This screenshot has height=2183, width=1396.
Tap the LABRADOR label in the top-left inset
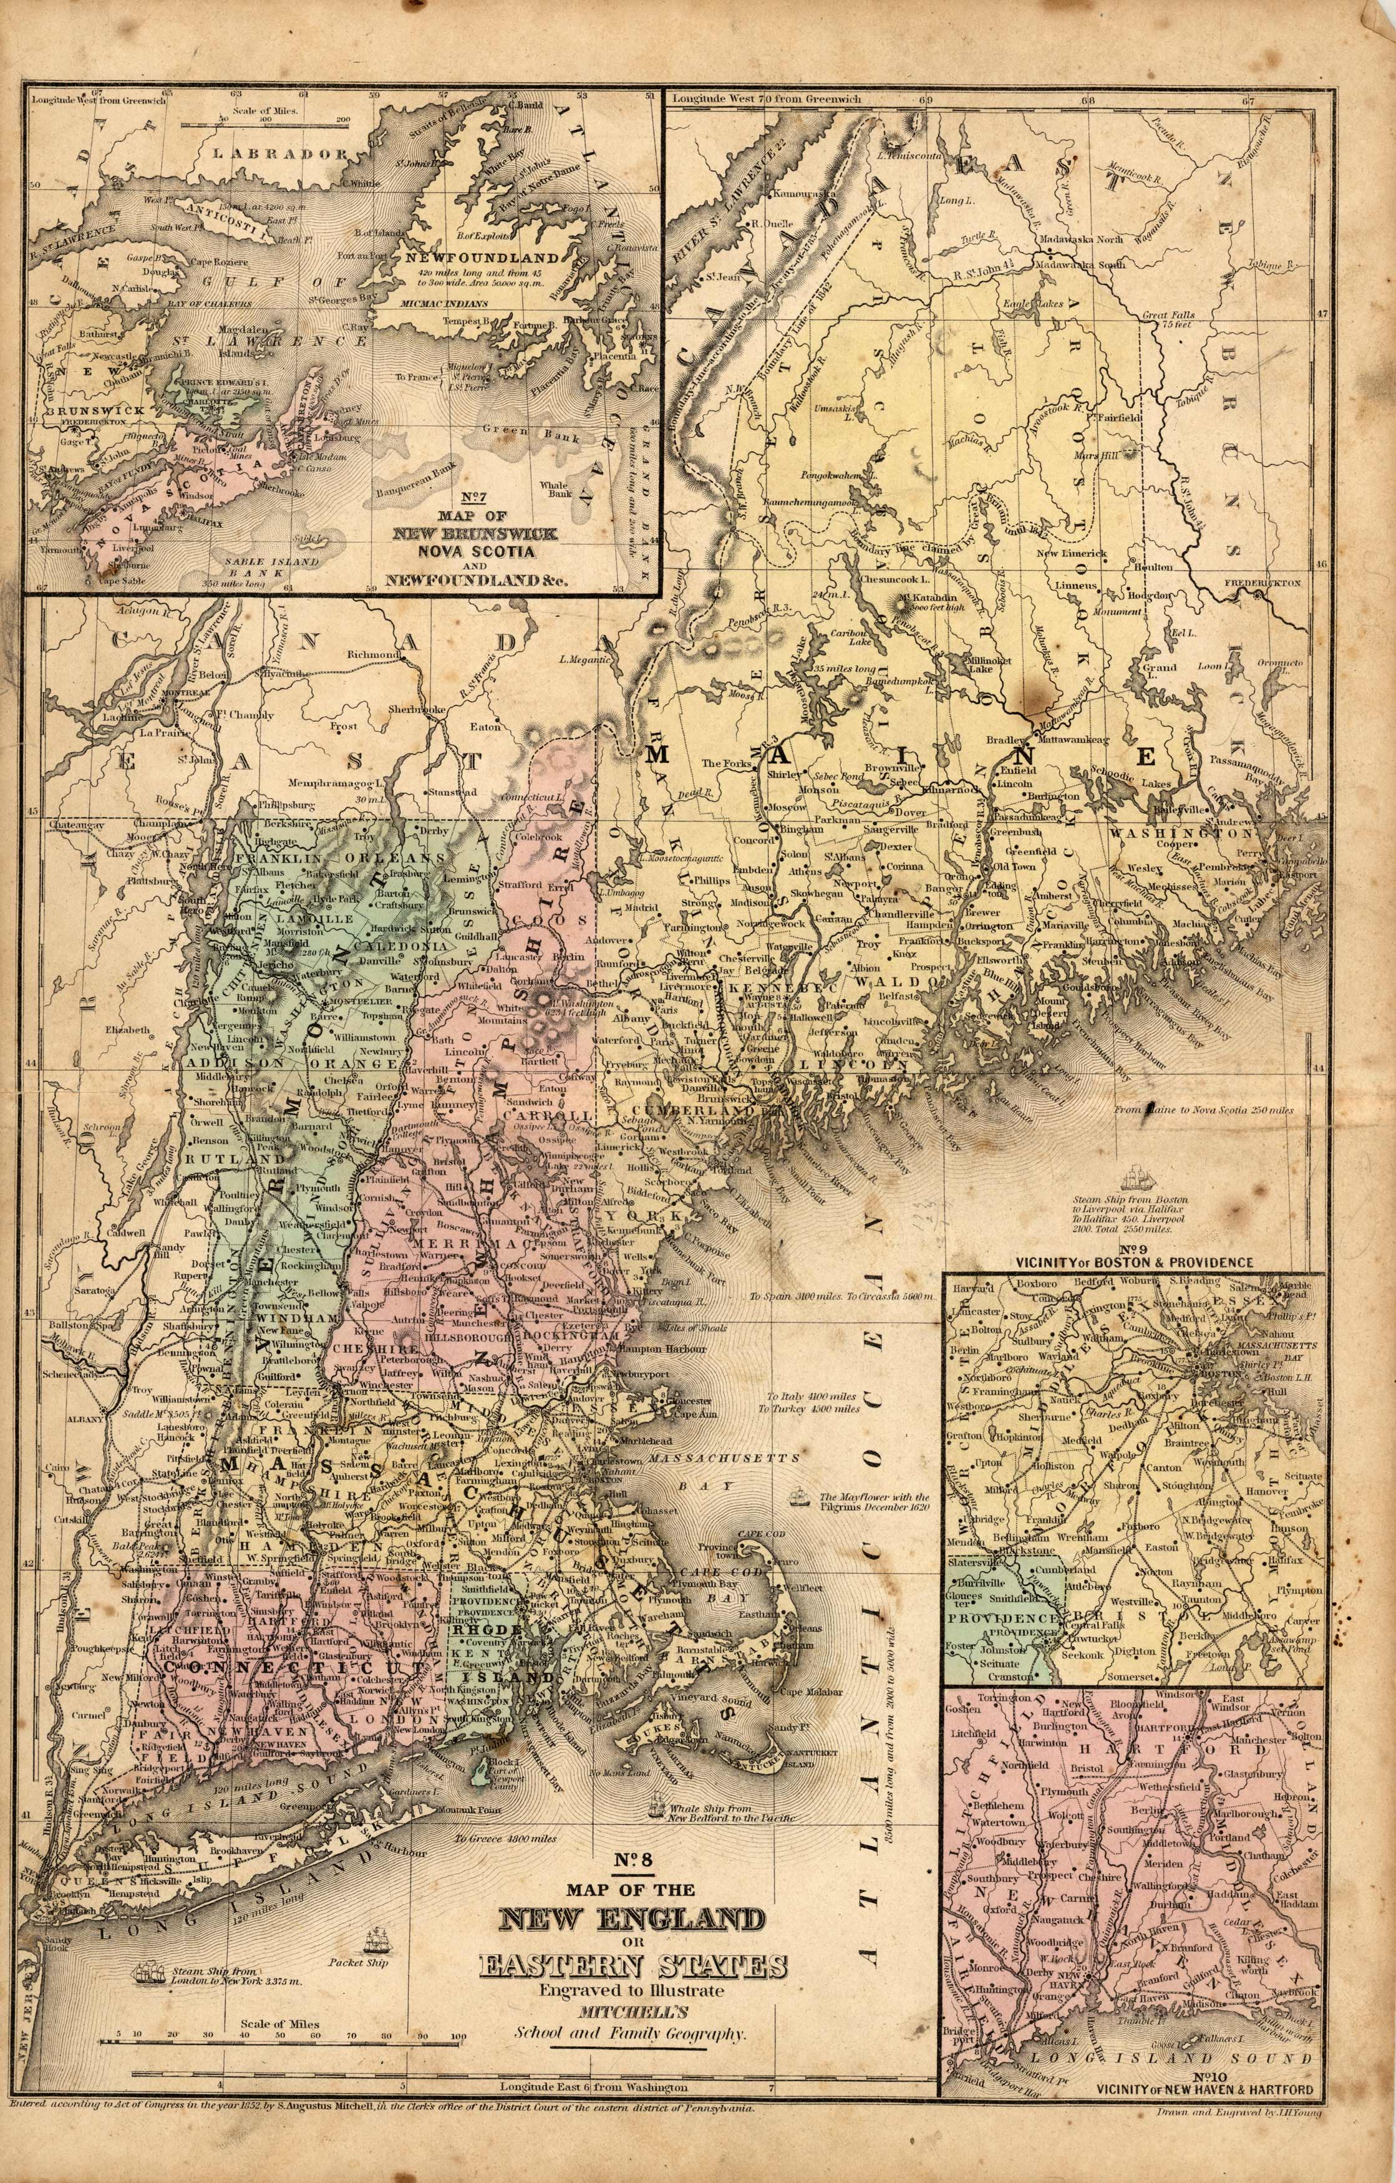click(274, 153)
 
